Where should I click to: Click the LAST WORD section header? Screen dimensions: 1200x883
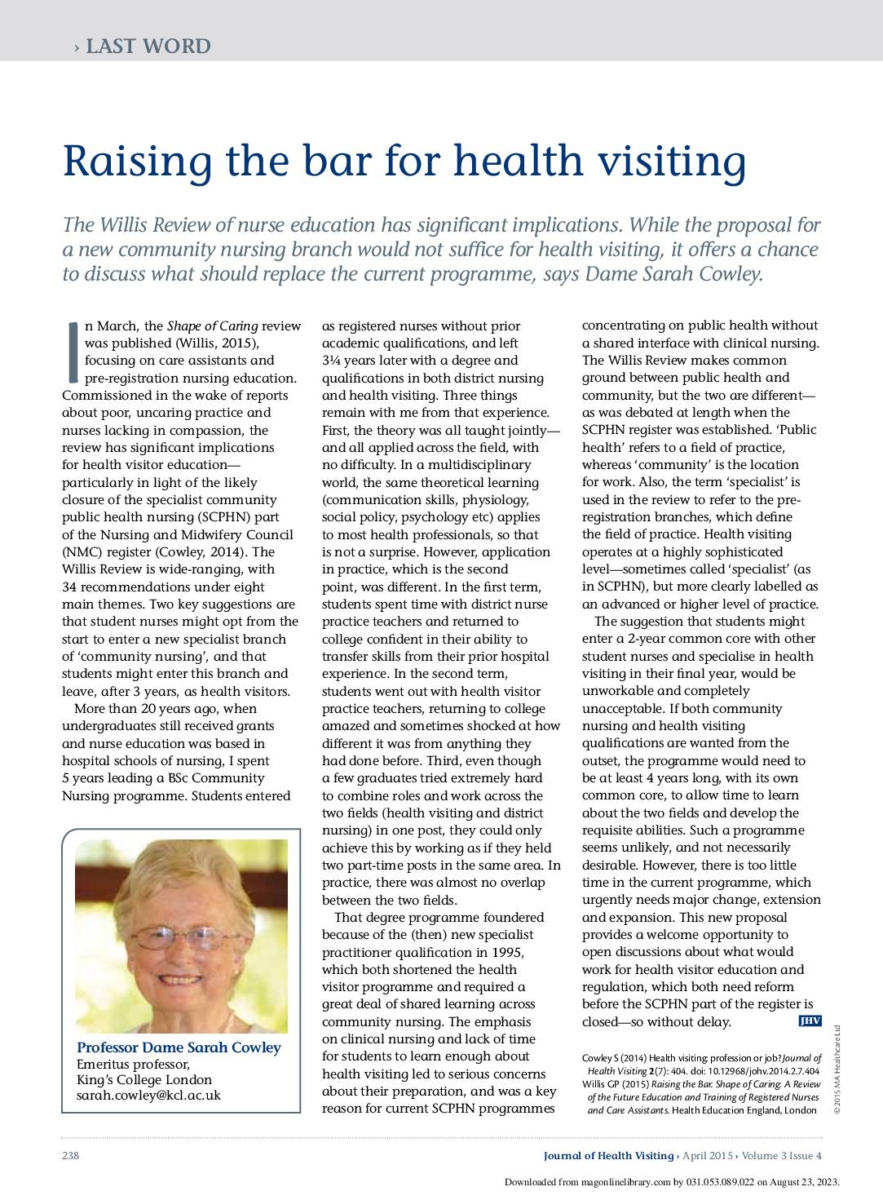click(x=148, y=46)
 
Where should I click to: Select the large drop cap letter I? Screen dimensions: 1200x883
click(x=72, y=351)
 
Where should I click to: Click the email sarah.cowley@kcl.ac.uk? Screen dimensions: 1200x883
click(x=148, y=1096)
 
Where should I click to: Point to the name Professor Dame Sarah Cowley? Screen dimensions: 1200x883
click(x=178, y=1048)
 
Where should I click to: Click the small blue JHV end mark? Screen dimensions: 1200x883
click(x=809, y=1021)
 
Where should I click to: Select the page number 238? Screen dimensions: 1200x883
click(x=69, y=1155)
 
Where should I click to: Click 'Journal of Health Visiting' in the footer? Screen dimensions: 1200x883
click(x=608, y=1155)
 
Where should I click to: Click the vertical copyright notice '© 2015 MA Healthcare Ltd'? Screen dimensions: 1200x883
click(x=836, y=1069)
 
